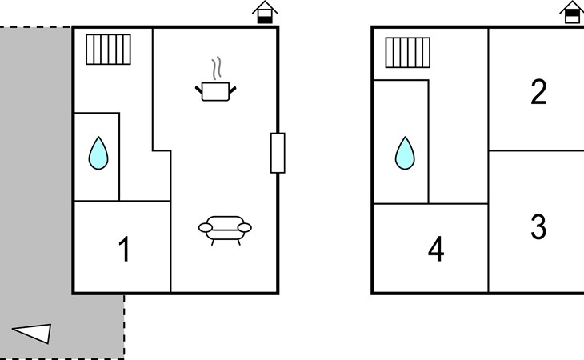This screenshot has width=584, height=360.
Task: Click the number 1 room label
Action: pyautogui.click(x=124, y=249)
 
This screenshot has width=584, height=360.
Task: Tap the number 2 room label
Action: pyautogui.click(x=538, y=91)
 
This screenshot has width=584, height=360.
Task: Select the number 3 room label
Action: pyautogui.click(x=538, y=226)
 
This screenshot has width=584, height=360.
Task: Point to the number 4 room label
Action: pyautogui.click(x=436, y=249)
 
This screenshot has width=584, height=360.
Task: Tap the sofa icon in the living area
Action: pyautogui.click(x=225, y=230)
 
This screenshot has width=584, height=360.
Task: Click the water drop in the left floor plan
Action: pyautogui.click(x=98, y=153)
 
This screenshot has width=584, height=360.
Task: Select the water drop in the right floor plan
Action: pyautogui.click(x=405, y=153)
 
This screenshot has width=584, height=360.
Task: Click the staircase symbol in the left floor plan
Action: pyautogui.click(x=108, y=50)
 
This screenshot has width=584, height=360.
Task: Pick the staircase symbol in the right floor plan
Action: pyautogui.click(x=408, y=53)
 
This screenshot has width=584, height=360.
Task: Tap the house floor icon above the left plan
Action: pyautogui.click(x=265, y=12)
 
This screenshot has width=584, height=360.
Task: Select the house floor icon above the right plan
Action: pyautogui.click(x=572, y=12)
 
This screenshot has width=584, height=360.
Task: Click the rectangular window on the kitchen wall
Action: pyautogui.click(x=278, y=153)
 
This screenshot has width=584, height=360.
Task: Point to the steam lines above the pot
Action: pyautogui.click(x=217, y=68)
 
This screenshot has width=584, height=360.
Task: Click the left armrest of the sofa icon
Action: pyautogui.click(x=206, y=228)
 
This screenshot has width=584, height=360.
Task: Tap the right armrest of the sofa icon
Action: pyautogui.click(x=244, y=227)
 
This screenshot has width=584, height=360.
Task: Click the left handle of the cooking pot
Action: pyautogui.click(x=199, y=90)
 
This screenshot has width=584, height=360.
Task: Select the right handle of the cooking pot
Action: pyautogui.click(x=232, y=90)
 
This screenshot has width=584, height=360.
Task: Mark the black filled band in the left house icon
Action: pyautogui.click(x=265, y=20)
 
